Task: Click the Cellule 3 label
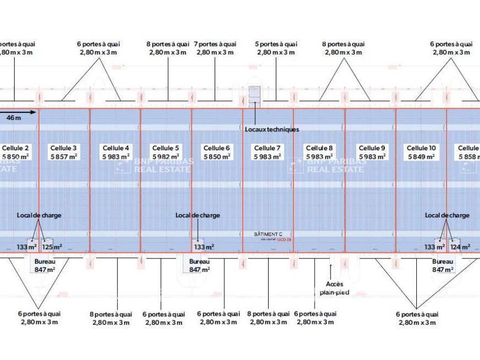(63, 148)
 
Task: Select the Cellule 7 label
(267, 148)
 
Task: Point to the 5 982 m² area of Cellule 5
(166, 157)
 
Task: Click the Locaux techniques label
(272, 130)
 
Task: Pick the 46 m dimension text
(14, 117)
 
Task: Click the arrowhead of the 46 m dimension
(34, 112)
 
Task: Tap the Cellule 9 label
(372, 148)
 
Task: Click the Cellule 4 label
(116, 148)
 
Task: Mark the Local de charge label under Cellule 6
(198, 215)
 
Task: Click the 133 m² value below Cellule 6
(204, 247)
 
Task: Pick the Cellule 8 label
(319, 148)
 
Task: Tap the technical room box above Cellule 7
(254, 94)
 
